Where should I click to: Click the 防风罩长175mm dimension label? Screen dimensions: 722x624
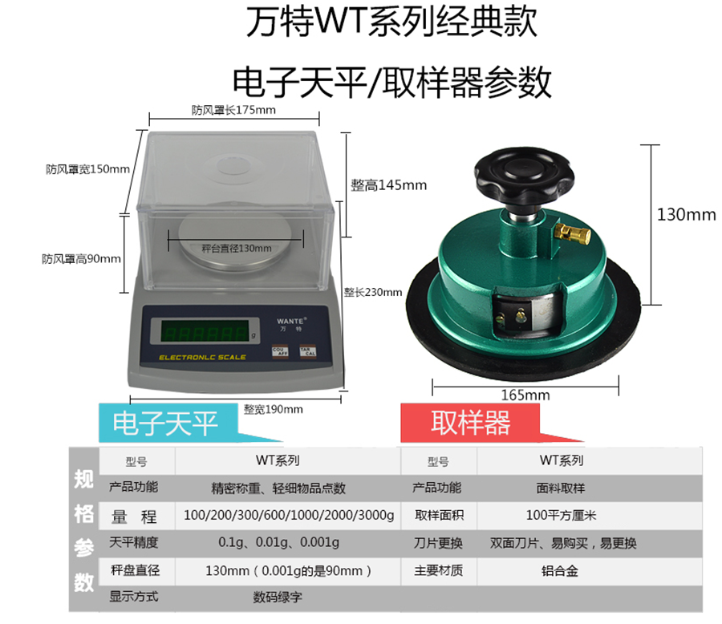pos(233,110)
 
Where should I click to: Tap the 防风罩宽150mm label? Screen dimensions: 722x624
pos(87,169)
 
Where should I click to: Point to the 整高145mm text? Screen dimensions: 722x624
pos(388,185)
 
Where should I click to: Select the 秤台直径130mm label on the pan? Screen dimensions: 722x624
pos(236,249)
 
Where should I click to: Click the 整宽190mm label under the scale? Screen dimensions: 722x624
pos(273,409)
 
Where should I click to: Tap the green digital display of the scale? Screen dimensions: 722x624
pos(205,331)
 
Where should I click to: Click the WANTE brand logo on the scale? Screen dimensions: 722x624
pos(290,321)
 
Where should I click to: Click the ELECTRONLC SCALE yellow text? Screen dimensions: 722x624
pos(202,358)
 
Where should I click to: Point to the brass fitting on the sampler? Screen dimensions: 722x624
pos(573,233)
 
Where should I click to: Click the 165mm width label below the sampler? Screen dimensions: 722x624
pos(525,395)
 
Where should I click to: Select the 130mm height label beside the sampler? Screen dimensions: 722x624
pos(686,215)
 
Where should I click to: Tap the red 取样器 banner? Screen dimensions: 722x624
pos(470,423)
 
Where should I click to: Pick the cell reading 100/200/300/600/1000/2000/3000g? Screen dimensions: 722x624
pos(289,515)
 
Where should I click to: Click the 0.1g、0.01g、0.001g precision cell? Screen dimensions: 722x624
pos(278,542)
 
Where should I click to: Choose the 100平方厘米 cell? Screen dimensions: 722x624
pos(561,515)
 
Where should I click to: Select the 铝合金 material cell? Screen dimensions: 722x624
pos(559,571)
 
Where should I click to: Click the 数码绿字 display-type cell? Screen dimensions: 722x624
pos(278,598)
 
